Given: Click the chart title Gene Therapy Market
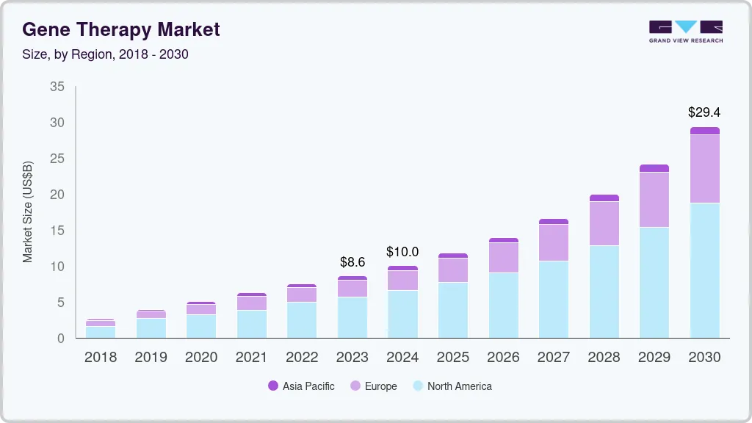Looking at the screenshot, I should [121, 29].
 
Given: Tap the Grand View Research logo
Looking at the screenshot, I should [685, 31].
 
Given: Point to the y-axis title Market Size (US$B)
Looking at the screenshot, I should [28, 211].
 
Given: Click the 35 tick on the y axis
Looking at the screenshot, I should [57, 87].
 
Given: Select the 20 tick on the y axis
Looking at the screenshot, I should [57, 195].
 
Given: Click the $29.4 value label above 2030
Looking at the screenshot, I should [704, 112].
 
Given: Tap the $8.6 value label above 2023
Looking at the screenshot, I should [352, 261].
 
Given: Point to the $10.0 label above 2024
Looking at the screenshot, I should [402, 252].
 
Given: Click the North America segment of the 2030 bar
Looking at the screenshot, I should [704, 270].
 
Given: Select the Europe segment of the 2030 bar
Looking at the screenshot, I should [704, 169].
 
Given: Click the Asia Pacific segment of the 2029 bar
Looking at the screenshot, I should [654, 168].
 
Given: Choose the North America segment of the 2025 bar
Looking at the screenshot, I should [453, 310].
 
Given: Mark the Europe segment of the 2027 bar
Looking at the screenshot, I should [553, 242].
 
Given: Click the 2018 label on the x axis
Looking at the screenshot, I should [101, 358].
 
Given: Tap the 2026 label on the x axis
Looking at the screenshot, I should [503, 358].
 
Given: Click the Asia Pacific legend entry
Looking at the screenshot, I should [301, 386].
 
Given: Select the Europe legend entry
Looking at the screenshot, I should [374, 386].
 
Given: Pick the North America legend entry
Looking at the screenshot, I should [452, 386].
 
